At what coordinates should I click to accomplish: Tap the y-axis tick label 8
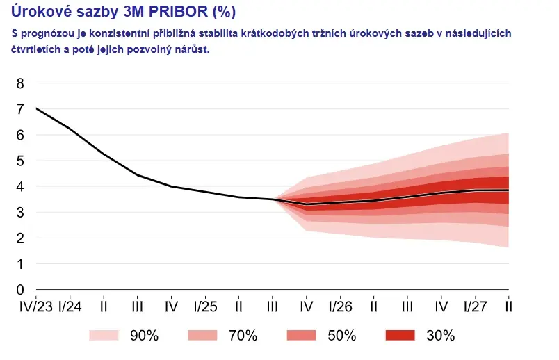[x=19, y=84]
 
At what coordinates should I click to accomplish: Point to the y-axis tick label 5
[x=19, y=161]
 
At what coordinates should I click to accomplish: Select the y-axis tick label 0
[x=19, y=290]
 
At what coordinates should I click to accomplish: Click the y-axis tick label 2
[x=19, y=238]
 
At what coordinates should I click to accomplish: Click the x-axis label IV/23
[x=35, y=306]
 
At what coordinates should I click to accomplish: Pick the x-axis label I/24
[x=69, y=306]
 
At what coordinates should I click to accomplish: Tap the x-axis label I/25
[x=204, y=306]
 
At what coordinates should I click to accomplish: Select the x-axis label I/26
[x=339, y=306]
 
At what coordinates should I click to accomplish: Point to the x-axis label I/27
[x=475, y=306]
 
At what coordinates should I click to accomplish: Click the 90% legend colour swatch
[x=105, y=336]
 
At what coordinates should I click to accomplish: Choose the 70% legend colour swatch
[x=204, y=336]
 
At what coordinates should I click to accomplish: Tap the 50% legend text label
[x=342, y=336]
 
